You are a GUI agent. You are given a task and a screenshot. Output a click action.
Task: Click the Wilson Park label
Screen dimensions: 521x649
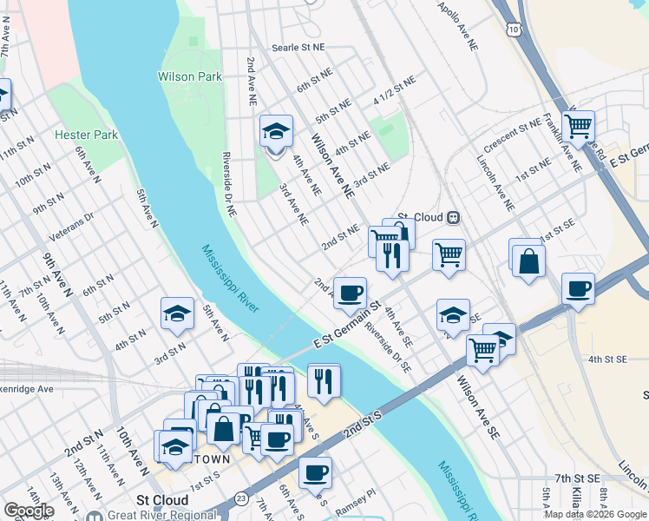pyautogui.click(x=189, y=76)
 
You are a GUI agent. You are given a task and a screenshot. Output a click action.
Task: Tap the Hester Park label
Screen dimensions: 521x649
pyautogui.click(x=85, y=135)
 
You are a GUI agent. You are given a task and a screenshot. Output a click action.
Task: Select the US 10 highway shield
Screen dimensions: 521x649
pyautogui.click(x=515, y=30)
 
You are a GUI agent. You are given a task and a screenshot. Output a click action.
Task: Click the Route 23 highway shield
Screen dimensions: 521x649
pyautogui.click(x=240, y=499)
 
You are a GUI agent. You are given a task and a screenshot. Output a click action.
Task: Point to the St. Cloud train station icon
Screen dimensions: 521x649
pyautogui.click(x=453, y=217)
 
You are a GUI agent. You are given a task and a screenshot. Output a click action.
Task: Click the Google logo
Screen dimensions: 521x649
pyautogui.click(x=28, y=511)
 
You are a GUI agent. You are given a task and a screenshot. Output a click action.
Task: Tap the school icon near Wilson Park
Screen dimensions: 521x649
pyautogui.click(x=276, y=133)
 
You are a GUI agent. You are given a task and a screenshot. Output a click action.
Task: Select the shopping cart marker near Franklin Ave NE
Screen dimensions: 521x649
pyautogui.click(x=578, y=127)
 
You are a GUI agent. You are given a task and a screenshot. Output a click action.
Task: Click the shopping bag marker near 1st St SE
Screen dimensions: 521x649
pyautogui.click(x=528, y=259)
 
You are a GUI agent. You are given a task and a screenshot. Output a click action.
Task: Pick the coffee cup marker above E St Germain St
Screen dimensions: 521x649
pyautogui.click(x=350, y=292)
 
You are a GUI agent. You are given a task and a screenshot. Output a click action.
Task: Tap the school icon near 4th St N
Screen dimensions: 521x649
pyautogui.click(x=177, y=313)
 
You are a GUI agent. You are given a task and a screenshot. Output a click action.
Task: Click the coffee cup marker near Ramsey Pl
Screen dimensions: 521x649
pyautogui.click(x=315, y=472)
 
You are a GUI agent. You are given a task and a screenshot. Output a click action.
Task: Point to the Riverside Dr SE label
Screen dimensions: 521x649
pyautogui.click(x=387, y=346)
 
